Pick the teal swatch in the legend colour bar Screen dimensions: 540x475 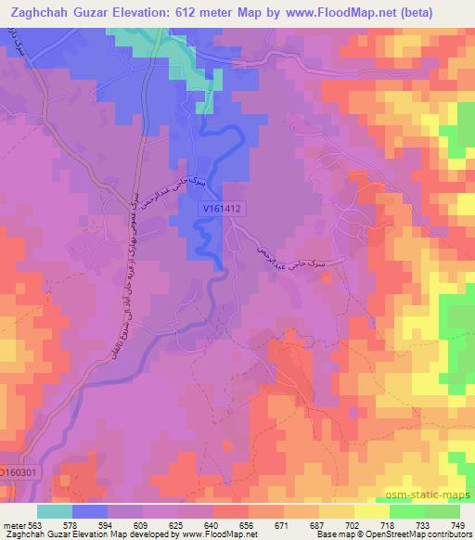pos(55,511)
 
